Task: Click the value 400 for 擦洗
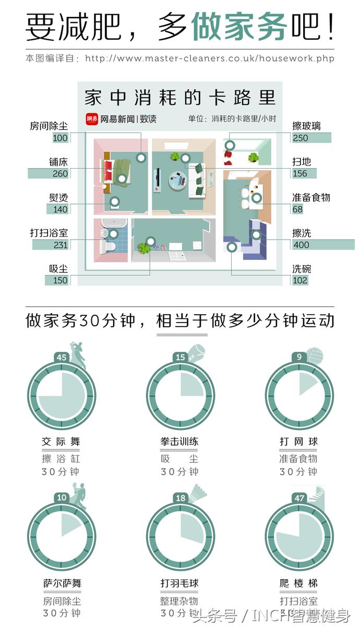point(301,245)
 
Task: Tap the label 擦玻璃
point(307,126)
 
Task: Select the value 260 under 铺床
point(60,174)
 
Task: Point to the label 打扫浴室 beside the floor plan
point(49,233)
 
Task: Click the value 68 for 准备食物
point(297,209)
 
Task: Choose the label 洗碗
point(302,269)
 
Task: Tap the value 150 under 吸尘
point(60,280)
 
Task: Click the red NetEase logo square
point(92,118)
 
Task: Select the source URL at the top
point(209,58)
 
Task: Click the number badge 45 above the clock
point(62,358)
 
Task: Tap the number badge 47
point(299,498)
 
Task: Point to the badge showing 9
point(299,358)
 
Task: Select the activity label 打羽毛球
point(180,583)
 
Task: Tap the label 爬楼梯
point(298,583)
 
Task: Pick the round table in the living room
point(176,181)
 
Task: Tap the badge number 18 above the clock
point(181,498)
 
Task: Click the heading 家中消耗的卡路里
point(180,98)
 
